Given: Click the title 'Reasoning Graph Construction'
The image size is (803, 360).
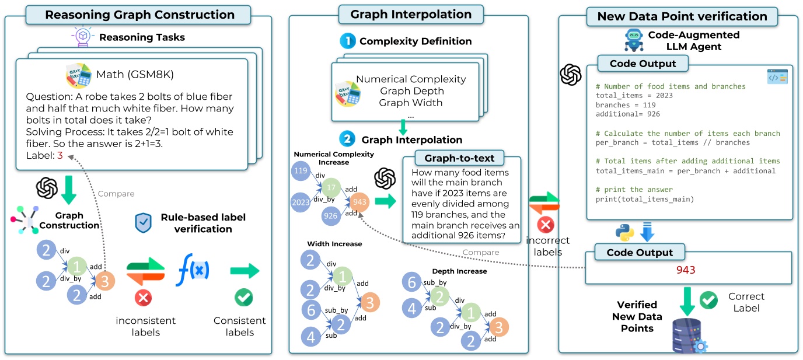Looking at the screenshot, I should coord(140,15).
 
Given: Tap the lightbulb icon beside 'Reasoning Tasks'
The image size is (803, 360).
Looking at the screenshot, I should coord(83,37).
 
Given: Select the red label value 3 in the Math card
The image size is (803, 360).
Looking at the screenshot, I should coord(60,156).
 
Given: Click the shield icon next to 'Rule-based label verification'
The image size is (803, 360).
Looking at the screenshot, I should coord(143,223).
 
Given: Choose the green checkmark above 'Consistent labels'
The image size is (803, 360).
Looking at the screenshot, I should coord(243,298).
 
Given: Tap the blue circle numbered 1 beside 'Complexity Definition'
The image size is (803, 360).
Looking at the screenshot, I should coord(348,41).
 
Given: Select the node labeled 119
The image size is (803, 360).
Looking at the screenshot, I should coord(301,172).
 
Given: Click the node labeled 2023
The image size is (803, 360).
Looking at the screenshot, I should coord(301,202).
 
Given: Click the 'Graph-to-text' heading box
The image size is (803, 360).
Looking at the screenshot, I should coord(459,158).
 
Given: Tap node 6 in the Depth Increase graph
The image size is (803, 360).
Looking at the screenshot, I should coord(412,284).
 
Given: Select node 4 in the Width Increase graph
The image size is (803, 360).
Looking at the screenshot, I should coord(310,336).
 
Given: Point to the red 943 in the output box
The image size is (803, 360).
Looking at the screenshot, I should coord(686,270).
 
